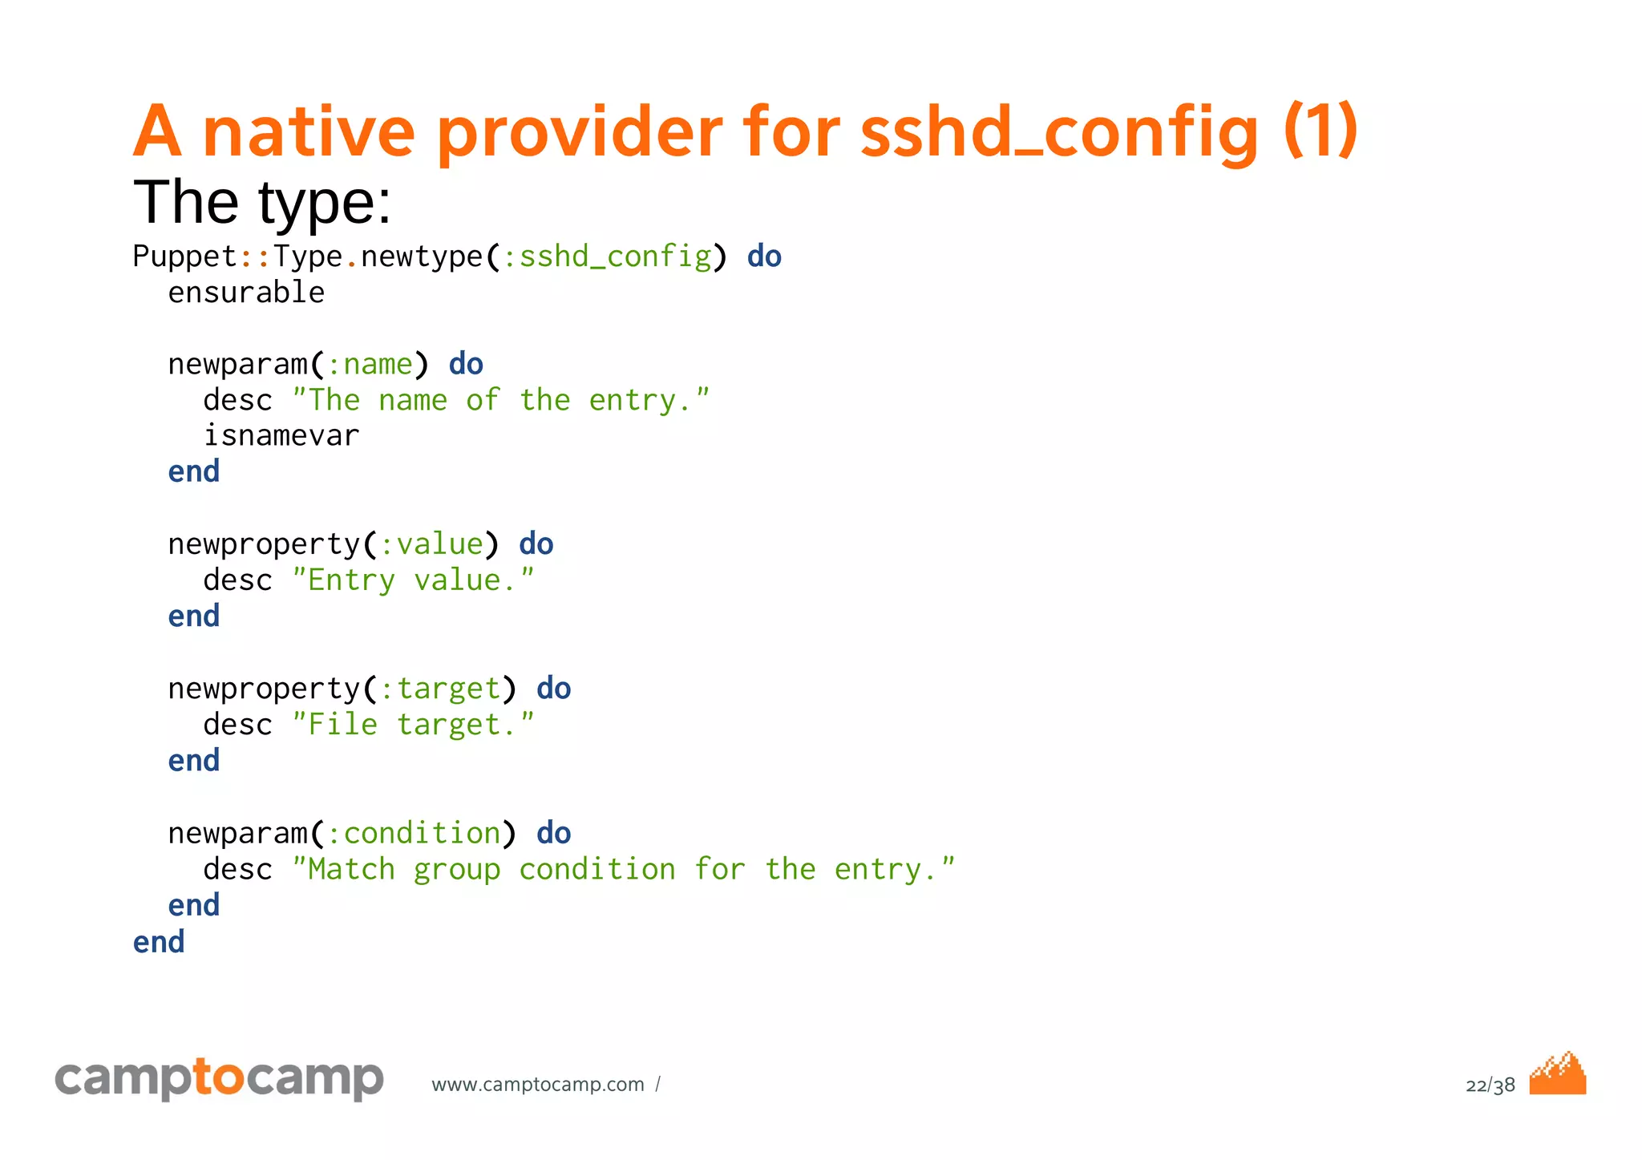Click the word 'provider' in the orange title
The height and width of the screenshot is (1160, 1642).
pos(579,132)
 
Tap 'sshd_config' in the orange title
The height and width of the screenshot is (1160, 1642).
pos(1059,132)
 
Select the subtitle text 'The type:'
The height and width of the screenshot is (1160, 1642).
pos(262,202)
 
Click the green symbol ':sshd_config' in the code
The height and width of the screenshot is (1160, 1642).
pos(607,257)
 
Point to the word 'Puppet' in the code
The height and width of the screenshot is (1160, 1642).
pos(184,257)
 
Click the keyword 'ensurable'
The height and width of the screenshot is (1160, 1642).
pos(246,293)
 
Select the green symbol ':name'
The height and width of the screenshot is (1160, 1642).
pos(370,365)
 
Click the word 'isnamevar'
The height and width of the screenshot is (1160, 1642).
pos(281,436)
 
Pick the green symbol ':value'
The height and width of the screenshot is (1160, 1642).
pos(431,544)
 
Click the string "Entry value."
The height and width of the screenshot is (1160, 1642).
pos(413,580)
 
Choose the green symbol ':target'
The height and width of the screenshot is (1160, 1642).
pos(440,689)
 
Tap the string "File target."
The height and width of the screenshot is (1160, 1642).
pos(413,725)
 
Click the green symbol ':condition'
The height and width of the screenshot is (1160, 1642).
pos(414,834)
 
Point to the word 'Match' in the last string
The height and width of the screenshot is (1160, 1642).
pos(351,870)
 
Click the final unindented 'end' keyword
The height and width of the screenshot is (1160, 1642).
pos(159,942)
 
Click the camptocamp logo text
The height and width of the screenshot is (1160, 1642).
pos(219,1078)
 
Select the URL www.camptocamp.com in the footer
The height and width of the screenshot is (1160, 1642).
pos(538,1085)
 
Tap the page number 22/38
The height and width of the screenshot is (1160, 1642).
pos(1490,1085)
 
